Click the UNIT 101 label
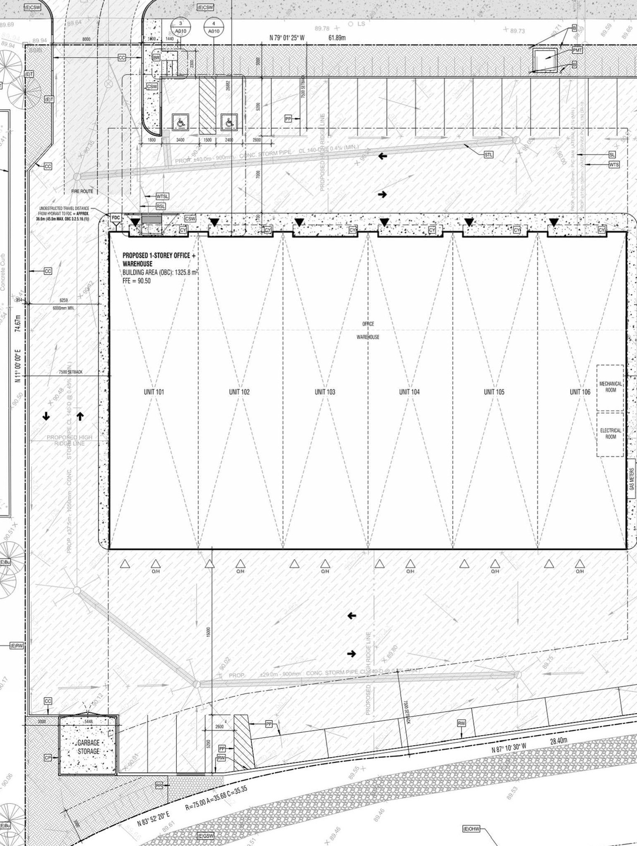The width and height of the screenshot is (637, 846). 154,392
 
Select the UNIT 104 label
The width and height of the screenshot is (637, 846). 409,392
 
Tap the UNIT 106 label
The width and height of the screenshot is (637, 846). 580,392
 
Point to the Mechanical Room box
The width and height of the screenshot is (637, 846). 610,387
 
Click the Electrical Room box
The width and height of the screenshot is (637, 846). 610,434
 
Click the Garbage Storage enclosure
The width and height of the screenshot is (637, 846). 89,747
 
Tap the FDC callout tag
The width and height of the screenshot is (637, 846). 115,218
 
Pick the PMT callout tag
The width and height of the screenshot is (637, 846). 577,50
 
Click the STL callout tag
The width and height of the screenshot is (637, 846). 489,155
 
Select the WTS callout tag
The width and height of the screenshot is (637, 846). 614,165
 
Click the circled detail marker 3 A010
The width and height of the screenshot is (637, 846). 181,27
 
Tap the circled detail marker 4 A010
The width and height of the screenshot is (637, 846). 213,27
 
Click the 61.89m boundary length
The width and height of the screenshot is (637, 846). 337,38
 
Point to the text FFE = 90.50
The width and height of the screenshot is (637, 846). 136,281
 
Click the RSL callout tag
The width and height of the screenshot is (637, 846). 161,206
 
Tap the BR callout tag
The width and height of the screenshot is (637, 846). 157,58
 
